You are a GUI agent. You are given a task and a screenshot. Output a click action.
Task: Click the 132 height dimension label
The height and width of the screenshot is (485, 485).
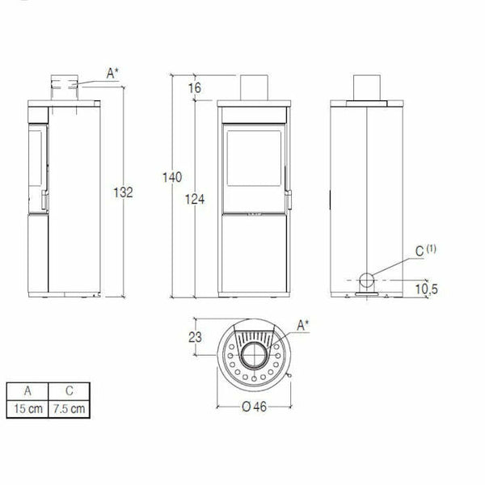tap(122, 192)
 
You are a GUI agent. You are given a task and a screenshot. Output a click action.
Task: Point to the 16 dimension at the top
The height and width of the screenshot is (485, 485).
tap(195, 88)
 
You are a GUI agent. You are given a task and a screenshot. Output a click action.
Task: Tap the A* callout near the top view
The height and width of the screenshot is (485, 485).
tap(305, 326)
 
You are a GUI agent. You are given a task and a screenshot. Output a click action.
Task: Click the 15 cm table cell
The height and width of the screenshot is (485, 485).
tap(26, 408)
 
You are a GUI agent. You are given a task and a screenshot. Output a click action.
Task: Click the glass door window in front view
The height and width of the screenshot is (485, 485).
tap(252, 162)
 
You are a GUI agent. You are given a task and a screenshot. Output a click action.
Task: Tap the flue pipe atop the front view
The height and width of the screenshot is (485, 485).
tap(253, 87)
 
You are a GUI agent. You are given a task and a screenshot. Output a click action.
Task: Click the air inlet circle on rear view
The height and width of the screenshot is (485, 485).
tap(366, 281)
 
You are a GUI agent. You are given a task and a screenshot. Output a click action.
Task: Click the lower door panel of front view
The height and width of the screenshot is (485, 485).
tap(253, 255)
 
